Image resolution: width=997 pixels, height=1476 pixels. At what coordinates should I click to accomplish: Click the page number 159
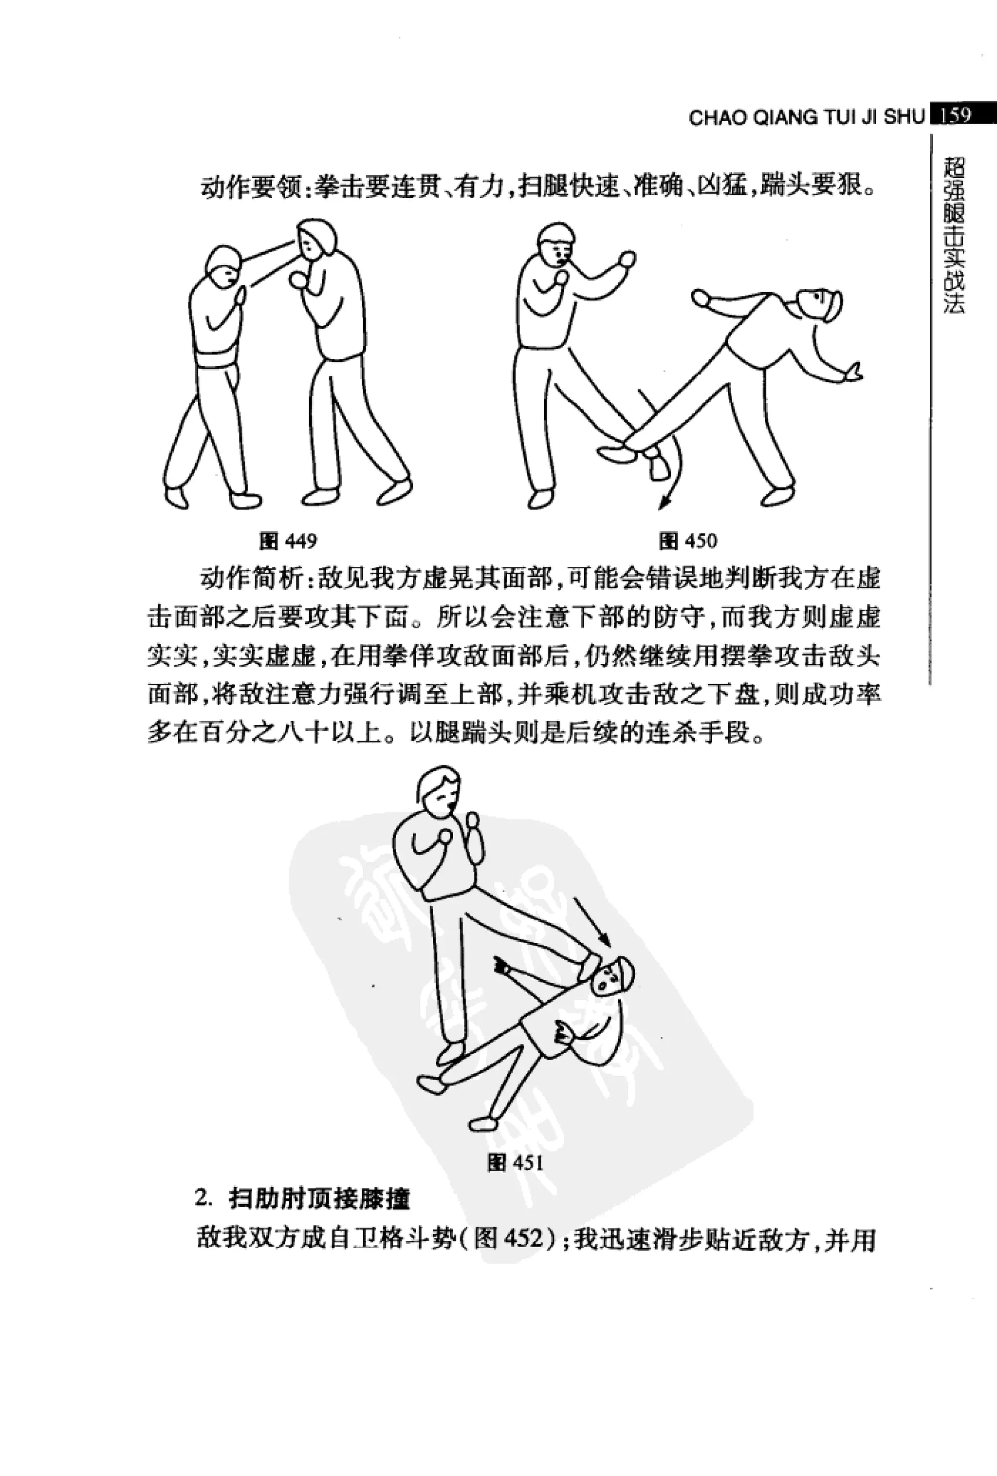click(955, 115)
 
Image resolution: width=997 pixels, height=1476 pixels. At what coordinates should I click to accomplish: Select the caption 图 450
click(688, 541)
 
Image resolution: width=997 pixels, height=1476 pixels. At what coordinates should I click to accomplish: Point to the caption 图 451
click(515, 1163)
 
